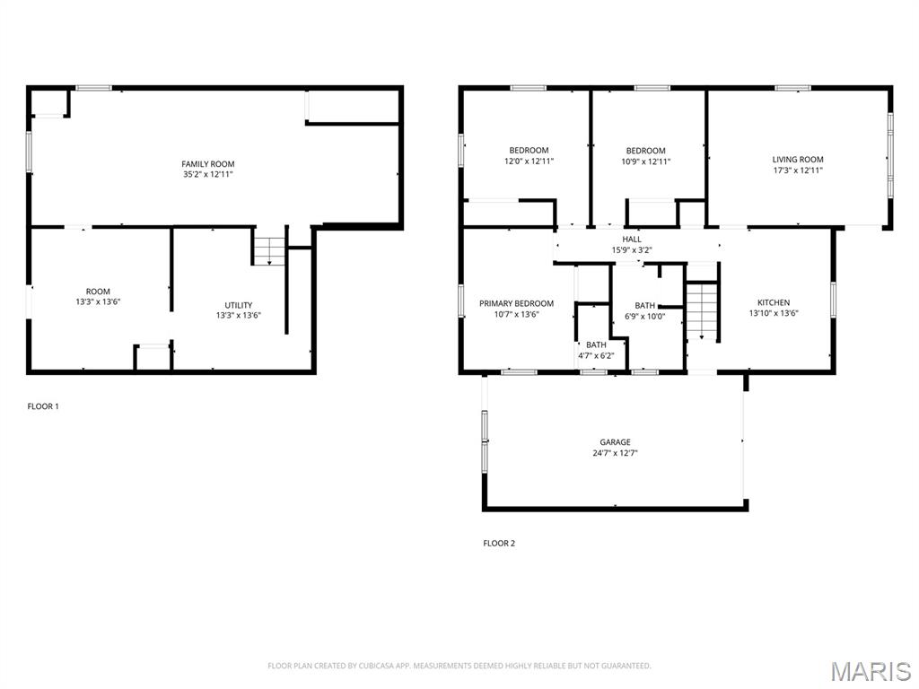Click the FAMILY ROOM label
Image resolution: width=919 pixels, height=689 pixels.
[x=208, y=164]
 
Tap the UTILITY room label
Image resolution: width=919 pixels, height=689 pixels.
[x=239, y=305]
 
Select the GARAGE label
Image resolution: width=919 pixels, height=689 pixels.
[x=615, y=442]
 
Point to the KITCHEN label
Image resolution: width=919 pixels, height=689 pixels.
[x=774, y=302]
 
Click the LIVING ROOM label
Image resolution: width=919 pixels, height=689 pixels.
[x=798, y=160]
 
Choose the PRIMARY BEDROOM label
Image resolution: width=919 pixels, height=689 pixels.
[x=516, y=303]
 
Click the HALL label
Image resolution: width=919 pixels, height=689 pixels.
[x=632, y=239]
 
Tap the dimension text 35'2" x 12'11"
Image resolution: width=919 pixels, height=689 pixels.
[x=208, y=175]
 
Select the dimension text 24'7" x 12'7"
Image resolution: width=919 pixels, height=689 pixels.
[x=615, y=453]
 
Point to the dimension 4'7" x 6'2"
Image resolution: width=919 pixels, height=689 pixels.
[x=596, y=355]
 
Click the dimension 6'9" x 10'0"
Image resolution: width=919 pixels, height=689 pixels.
[x=644, y=317]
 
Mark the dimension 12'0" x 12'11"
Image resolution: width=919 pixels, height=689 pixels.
[x=529, y=161]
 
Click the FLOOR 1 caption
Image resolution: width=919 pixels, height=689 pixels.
[x=43, y=406]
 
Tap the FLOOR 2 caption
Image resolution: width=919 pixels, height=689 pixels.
[x=499, y=544]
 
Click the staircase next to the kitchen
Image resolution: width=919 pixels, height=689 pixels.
[x=702, y=311]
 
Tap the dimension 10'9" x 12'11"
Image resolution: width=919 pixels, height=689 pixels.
[x=646, y=161]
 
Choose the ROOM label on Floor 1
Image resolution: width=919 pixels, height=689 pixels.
[x=98, y=292]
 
